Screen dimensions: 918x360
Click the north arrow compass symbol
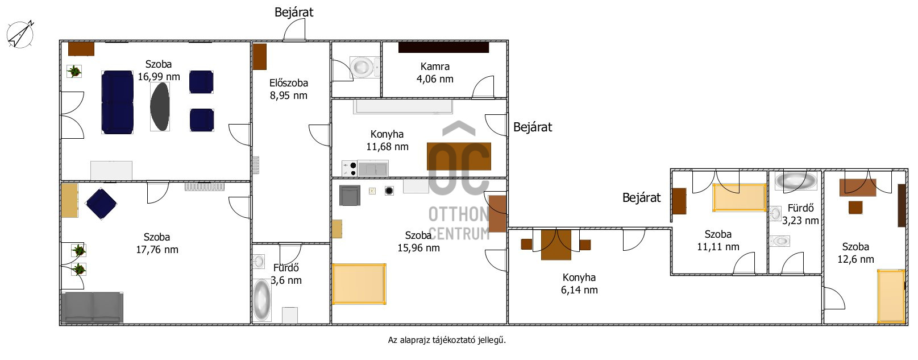click(x=20, y=34)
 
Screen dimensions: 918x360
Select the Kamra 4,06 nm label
click(x=435, y=73)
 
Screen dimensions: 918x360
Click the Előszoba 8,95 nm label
click(x=289, y=89)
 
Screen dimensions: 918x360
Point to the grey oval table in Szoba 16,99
click(x=160, y=106)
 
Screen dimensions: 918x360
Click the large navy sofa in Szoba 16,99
click(x=117, y=102)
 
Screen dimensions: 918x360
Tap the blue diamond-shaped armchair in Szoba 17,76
click(x=101, y=204)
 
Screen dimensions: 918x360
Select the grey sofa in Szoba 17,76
click(x=92, y=308)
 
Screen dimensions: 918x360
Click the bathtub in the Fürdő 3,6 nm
click(x=261, y=300)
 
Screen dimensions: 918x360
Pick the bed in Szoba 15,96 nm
click(x=359, y=284)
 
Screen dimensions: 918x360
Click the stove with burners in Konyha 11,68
click(x=350, y=168)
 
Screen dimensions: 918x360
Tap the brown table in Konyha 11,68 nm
click(x=459, y=156)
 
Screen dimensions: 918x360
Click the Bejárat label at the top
click(x=294, y=13)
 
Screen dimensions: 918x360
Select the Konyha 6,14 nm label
click(x=579, y=284)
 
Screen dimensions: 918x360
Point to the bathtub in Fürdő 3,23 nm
click(x=796, y=180)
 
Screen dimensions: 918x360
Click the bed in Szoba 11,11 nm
click(x=740, y=198)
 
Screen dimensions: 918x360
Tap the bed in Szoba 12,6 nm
click(x=891, y=296)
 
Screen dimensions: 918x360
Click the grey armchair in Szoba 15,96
click(x=350, y=195)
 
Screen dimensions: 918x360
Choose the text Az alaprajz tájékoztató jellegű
click(x=447, y=340)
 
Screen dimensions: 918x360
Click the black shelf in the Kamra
click(x=443, y=48)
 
